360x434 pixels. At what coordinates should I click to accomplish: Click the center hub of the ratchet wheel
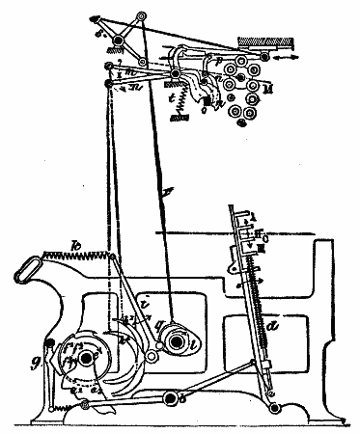pyautogui.click(x=87, y=357)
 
